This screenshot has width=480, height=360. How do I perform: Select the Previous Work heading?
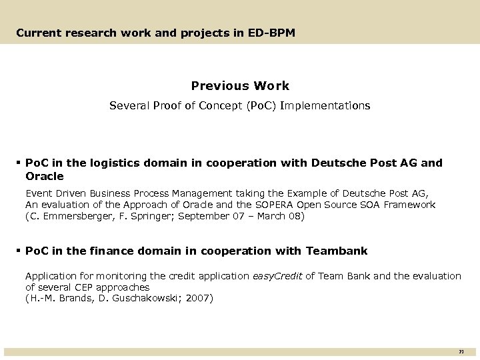click(x=240, y=85)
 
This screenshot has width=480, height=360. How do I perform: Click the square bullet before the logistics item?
click(x=19, y=163)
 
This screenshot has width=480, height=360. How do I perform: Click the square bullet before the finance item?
click(x=19, y=251)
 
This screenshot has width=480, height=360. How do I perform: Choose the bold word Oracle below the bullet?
click(x=44, y=176)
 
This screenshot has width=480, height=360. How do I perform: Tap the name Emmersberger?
click(x=71, y=217)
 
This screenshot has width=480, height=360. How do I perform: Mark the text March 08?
click(x=283, y=217)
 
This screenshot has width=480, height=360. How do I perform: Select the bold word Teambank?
click(x=336, y=251)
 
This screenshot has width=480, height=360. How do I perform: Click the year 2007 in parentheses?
click(x=197, y=298)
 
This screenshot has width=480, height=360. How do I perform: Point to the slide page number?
click(x=461, y=351)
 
